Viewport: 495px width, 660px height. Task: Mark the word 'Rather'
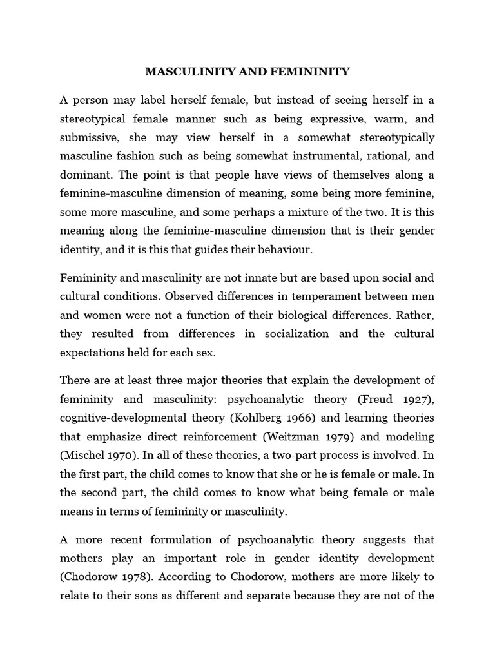click(x=416, y=316)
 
